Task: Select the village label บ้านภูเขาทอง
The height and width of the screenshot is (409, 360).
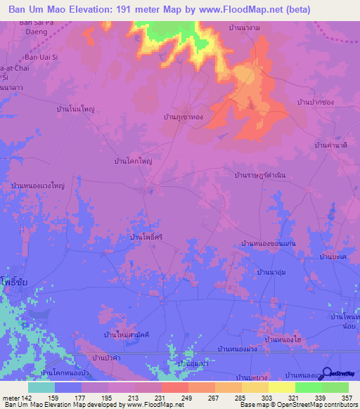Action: pyautogui.click(x=183, y=117)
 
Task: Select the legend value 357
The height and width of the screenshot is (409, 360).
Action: pyautogui.click(x=345, y=398)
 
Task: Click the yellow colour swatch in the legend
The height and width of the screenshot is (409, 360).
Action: pyautogui.click(x=282, y=387)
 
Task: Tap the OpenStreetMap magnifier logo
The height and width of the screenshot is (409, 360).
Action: pyautogui.click(x=327, y=373)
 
